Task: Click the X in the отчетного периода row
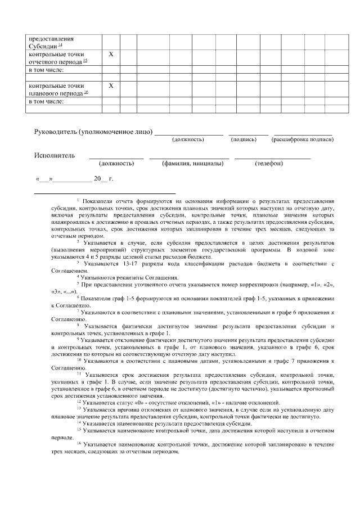[x=110, y=54]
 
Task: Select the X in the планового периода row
[x=110, y=85]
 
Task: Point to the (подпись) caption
[x=244, y=139]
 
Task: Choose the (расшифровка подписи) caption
[x=303, y=139]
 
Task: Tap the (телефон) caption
[x=269, y=163]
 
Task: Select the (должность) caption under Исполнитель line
[x=116, y=163]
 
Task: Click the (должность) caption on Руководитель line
[x=188, y=139]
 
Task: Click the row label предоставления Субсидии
[x=51, y=42]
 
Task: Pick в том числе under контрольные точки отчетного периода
[x=46, y=70]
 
